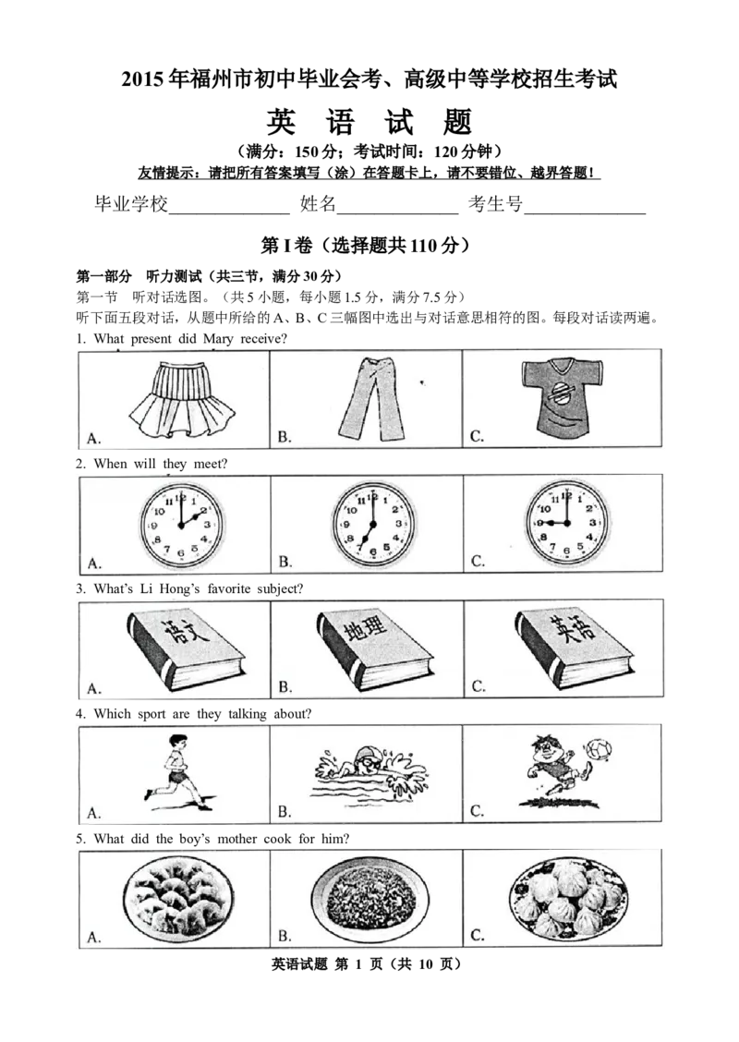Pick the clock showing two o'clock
pos(180,525)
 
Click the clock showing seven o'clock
pos(373,525)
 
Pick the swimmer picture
pos(369,771)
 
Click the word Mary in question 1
pos(218,339)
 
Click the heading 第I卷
pos(286,246)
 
